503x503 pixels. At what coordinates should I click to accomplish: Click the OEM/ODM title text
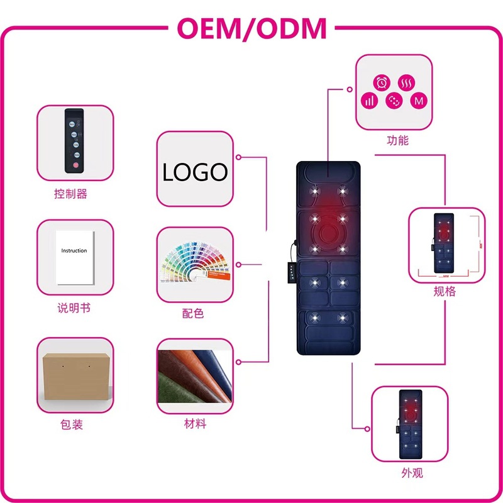click(x=251, y=28)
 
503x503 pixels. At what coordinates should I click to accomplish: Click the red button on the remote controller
click(x=75, y=165)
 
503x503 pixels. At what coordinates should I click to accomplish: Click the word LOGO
click(x=194, y=172)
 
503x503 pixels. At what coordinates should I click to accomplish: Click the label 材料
click(x=194, y=424)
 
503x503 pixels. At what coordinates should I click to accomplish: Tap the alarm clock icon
click(x=382, y=82)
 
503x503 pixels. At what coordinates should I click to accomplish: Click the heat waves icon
click(x=407, y=82)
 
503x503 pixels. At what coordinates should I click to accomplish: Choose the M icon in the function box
click(x=417, y=101)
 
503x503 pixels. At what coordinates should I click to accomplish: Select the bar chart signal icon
click(x=370, y=101)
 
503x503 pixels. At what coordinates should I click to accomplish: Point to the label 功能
click(x=397, y=140)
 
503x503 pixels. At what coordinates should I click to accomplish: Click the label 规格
click(x=445, y=291)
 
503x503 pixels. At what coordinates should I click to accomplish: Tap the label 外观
click(x=412, y=472)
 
